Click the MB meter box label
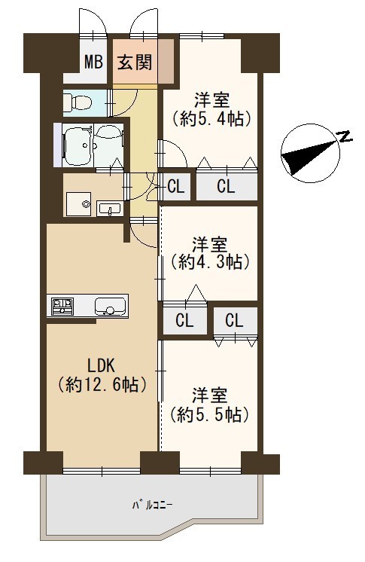pyautogui.click(x=93, y=62)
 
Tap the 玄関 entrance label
pyautogui.click(x=135, y=62)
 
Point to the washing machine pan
pyautogui.click(x=78, y=204)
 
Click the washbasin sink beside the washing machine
pyautogui.click(x=109, y=208)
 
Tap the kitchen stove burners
pyautogui.click(x=62, y=306)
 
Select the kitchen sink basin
pyautogui.click(x=110, y=307)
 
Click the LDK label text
pyautogui.click(x=102, y=366)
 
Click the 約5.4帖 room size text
pyautogui.click(x=209, y=119)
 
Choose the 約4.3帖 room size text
pyautogui.click(x=209, y=263)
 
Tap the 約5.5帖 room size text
pyautogui.click(x=209, y=414)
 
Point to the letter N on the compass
pyautogui.click(x=344, y=136)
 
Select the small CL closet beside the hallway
pyautogui.click(x=176, y=186)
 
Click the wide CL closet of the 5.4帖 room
pyautogui.click(x=227, y=186)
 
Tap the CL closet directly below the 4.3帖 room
pyautogui.click(x=184, y=320)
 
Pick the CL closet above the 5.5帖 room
pyautogui.click(x=235, y=320)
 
